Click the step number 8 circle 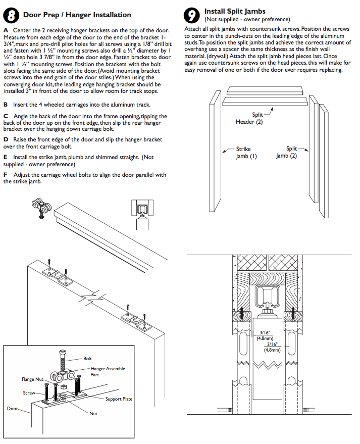coord(12,15)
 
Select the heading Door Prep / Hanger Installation coord(77,15)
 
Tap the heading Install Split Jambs coord(235,11)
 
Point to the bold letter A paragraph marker coord(6,31)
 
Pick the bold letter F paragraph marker coord(6,175)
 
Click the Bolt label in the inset coord(88,358)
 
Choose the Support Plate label coord(119,399)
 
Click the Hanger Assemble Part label coord(108,372)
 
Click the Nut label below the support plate coord(93,414)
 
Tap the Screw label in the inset coord(29,392)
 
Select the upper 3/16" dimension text coord(265,333)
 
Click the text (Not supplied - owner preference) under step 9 coord(247,19)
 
